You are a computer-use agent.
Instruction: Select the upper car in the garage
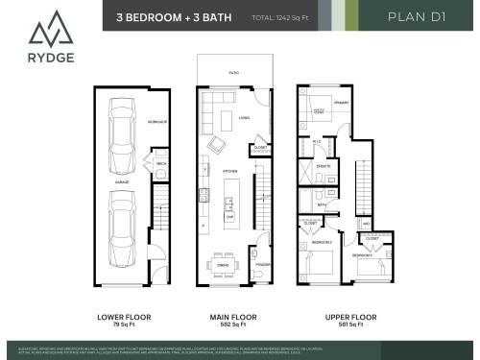coord(122,134)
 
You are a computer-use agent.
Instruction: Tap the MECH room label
coord(161,164)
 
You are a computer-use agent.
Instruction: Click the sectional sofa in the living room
coord(230,122)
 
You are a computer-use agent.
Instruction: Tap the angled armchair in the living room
coord(220,146)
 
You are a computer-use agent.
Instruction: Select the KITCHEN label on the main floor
coord(230,172)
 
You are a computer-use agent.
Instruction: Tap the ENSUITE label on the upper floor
coord(324,166)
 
